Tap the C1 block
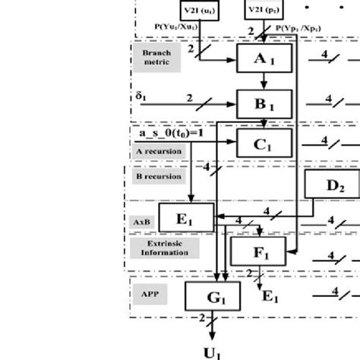[264, 141]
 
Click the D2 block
[331, 185]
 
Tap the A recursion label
[158, 151]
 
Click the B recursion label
[158, 176]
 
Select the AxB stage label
[143, 221]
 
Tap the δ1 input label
[141, 96]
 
